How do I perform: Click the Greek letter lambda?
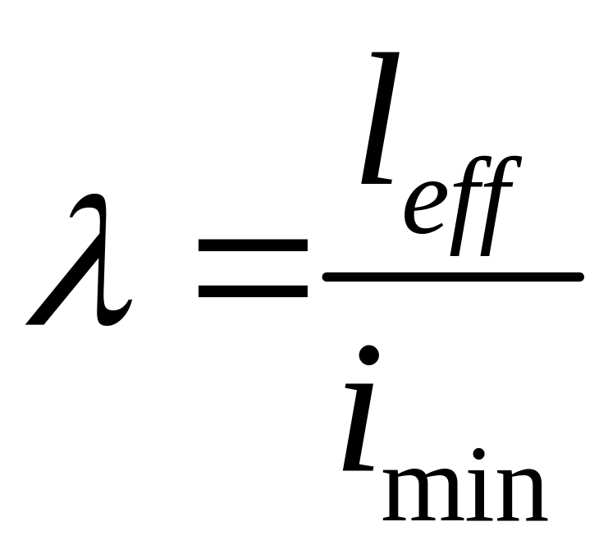[82, 263]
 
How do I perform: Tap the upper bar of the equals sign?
[252, 246]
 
